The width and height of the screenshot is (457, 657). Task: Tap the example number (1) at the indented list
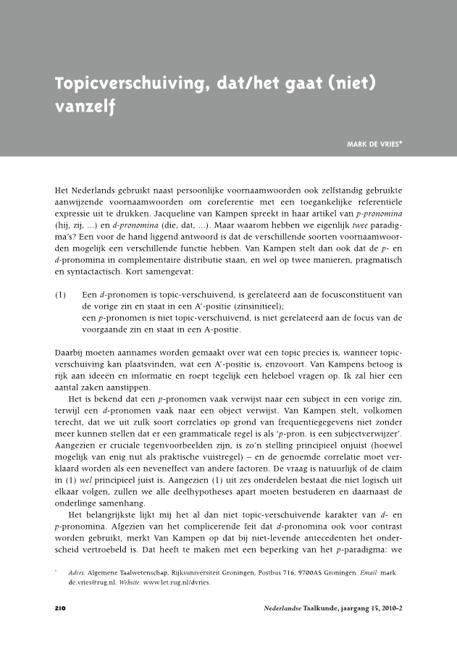click(62, 295)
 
